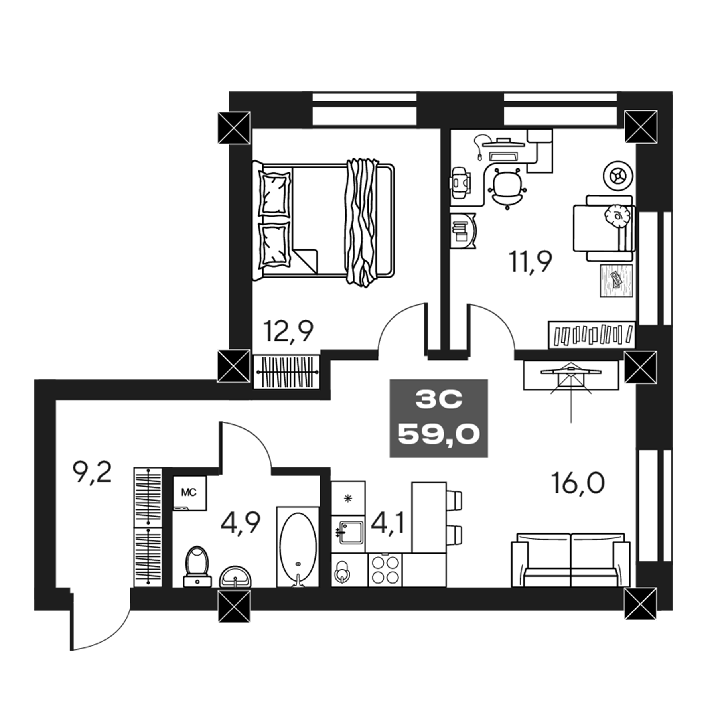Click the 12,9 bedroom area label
coord(288,331)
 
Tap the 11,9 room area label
coord(530,262)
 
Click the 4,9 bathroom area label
coord(241,523)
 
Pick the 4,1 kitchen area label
coord(388,523)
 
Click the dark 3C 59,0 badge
coord(438,418)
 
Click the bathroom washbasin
coord(235,577)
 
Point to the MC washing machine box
coord(189,493)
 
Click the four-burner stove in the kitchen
coord(385,570)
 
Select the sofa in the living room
coord(571,560)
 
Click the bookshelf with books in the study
coord(592,334)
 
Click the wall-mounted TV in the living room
coord(571,373)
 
